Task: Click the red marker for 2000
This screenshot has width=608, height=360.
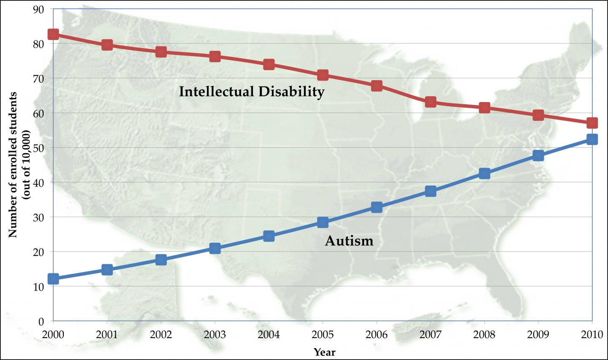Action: click(x=53, y=34)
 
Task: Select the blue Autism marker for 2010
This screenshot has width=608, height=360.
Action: click(x=592, y=139)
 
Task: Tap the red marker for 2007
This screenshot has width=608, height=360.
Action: click(x=430, y=102)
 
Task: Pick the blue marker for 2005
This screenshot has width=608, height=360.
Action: click(x=323, y=222)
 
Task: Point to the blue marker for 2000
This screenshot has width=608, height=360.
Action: click(x=53, y=279)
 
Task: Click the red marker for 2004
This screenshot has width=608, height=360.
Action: click(x=269, y=65)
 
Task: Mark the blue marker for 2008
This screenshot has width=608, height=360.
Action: click(x=484, y=173)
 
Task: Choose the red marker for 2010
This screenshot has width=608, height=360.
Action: click(x=592, y=123)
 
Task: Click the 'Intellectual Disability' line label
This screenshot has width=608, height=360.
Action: click(x=252, y=92)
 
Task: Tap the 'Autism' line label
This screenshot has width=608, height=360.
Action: click(x=349, y=241)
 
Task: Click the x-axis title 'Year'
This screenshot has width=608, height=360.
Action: click(x=324, y=352)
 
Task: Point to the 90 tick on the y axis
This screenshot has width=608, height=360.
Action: click(x=38, y=9)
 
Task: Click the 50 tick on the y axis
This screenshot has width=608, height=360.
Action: click(x=38, y=148)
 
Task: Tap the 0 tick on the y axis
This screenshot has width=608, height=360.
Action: click(x=41, y=321)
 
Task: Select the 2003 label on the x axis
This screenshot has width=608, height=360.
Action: click(x=214, y=335)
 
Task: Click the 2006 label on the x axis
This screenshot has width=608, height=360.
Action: click(x=376, y=335)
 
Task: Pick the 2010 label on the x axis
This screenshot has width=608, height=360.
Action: click(x=592, y=335)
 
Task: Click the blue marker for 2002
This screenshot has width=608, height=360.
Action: click(x=161, y=260)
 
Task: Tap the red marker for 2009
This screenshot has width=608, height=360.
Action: click(x=538, y=115)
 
